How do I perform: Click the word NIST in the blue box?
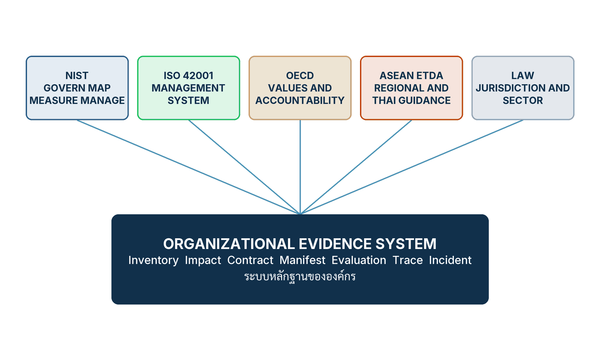click(77, 75)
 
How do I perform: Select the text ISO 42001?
click(189, 75)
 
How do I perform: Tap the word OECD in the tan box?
click(300, 75)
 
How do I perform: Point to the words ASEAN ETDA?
click(411, 75)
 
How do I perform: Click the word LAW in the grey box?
click(522, 75)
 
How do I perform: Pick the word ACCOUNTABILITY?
click(300, 100)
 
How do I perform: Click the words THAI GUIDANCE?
click(411, 100)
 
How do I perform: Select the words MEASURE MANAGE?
click(77, 100)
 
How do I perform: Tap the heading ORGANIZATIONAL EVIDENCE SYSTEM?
click(300, 244)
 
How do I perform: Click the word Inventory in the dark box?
click(153, 261)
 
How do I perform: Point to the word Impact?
click(203, 261)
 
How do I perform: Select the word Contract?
click(250, 260)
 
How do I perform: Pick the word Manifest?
click(303, 260)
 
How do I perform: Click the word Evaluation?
click(359, 260)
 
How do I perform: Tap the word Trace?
click(408, 260)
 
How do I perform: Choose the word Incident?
click(450, 260)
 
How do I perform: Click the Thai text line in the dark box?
click(300, 276)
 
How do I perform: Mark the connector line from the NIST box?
click(189, 167)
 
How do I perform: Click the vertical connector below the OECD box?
click(300, 167)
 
